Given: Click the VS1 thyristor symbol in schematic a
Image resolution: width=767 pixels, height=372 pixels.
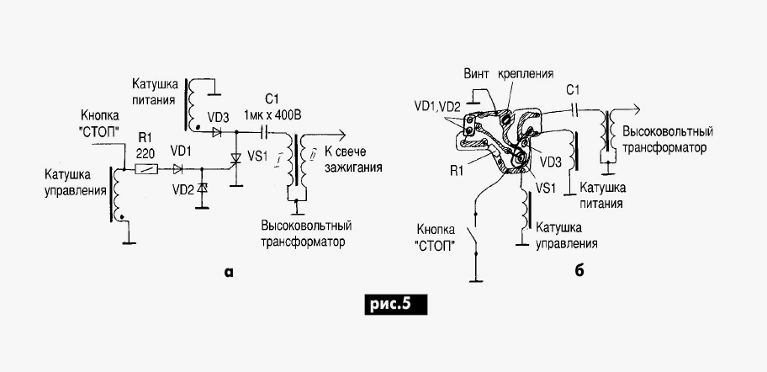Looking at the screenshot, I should (235, 160).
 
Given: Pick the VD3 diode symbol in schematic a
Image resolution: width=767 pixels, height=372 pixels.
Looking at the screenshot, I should (218, 130).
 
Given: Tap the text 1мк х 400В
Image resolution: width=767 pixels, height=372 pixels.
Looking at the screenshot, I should (272, 114).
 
